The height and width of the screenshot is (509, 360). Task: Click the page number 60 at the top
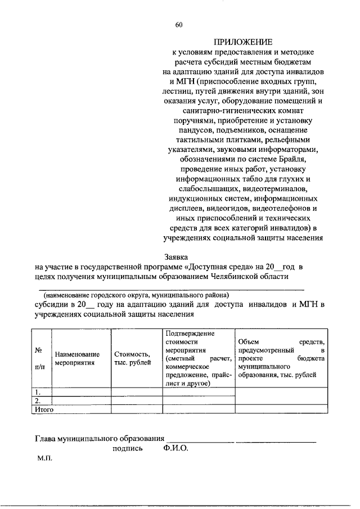[x=179, y=24]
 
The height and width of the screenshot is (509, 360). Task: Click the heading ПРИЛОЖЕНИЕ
[x=242, y=42]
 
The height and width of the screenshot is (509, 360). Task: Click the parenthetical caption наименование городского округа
[x=133, y=295]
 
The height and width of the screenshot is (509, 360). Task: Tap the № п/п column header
[x=39, y=358]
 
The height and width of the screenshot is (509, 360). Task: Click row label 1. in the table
[x=37, y=392]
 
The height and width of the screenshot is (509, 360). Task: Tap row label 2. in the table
[x=37, y=400]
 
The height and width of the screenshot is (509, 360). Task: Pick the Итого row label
[x=43, y=410]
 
